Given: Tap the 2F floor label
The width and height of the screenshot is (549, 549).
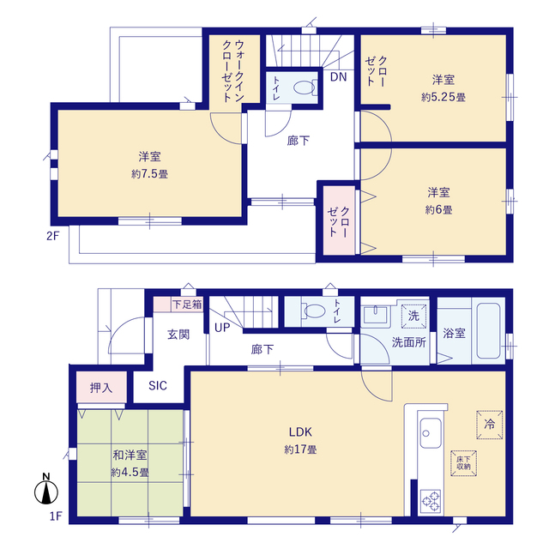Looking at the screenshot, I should point(51,236).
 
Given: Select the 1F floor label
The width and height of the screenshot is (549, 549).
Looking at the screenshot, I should point(55,516).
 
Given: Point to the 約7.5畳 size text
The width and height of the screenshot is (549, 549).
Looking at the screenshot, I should point(150,173).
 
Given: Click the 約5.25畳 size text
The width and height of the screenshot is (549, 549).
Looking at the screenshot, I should point(443,97).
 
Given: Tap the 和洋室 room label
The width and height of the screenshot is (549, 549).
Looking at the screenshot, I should point(130,455).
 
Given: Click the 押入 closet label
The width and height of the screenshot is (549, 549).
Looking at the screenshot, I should point(101,388).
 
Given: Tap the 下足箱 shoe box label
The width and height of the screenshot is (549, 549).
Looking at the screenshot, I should point(186,304).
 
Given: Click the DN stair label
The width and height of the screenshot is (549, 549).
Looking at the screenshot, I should point(338,76).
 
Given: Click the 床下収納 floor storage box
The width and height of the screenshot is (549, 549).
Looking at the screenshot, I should point(467,462).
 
